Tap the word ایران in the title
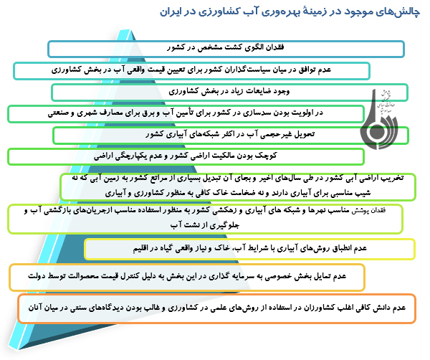coord(176,14)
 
